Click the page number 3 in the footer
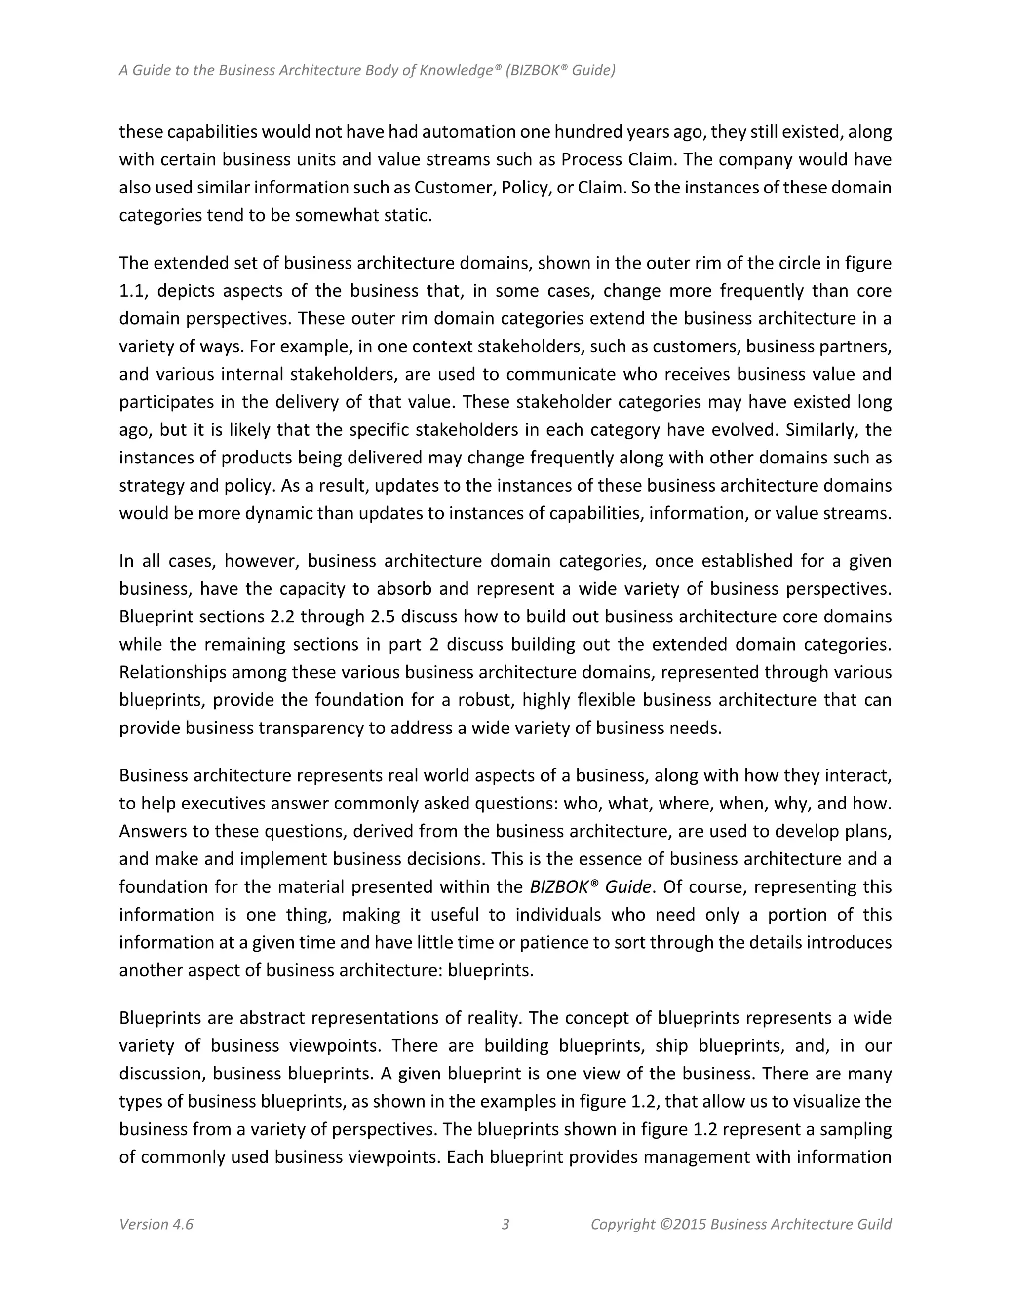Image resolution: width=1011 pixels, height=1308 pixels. [x=505, y=1224]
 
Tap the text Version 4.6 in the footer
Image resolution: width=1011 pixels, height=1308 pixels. [x=156, y=1224]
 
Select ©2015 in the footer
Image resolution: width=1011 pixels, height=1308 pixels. [x=683, y=1224]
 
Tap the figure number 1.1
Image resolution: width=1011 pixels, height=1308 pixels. [x=132, y=291]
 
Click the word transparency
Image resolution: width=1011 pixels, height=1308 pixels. [x=312, y=728]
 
